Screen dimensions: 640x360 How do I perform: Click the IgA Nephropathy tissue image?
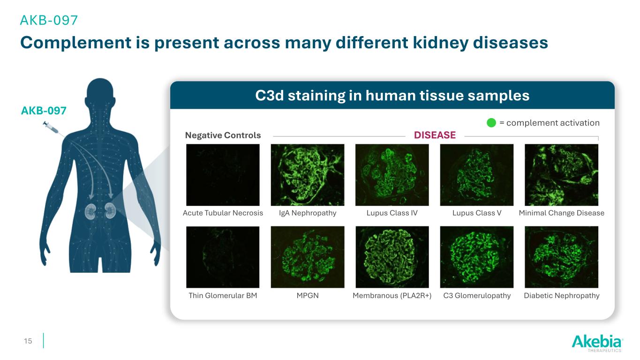tap(308, 175)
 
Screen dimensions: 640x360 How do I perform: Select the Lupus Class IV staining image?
tap(392, 175)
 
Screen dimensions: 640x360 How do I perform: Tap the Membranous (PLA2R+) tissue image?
tap(392, 257)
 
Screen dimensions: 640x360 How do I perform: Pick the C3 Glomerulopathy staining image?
tap(476, 257)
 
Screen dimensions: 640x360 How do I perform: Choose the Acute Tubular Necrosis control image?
tap(223, 175)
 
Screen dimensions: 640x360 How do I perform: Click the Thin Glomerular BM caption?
tap(223, 295)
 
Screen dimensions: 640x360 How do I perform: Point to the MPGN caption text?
tap(308, 295)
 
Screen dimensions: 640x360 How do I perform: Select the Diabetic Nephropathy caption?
tap(561, 295)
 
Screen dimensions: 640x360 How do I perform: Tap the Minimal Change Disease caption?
tap(561, 213)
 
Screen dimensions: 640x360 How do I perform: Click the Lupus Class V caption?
tap(476, 213)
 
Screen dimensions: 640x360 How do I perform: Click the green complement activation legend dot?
tap(491, 123)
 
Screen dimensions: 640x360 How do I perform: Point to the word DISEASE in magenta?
tap(435, 135)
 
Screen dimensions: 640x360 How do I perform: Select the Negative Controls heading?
tap(223, 135)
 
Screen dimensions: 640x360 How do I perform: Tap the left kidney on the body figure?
tap(90, 212)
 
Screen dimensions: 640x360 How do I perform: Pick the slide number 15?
tap(28, 341)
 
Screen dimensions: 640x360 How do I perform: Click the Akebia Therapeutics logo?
tap(597, 343)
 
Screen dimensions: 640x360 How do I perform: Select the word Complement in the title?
tap(75, 43)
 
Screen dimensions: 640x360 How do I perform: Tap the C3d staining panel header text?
tap(392, 96)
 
